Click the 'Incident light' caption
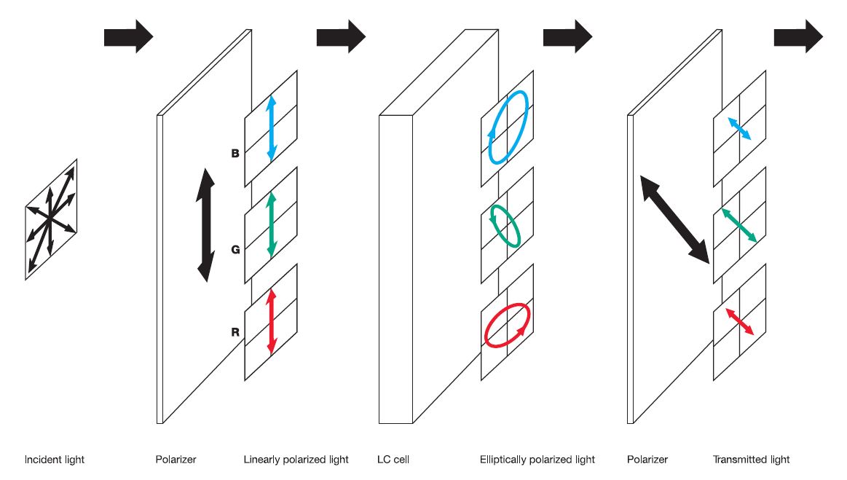click(x=55, y=460)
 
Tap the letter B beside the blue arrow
click(x=235, y=154)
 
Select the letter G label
click(x=235, y=249)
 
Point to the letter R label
click(x=235, y=332)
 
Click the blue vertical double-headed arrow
click(x=271, y=127)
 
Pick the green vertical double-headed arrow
click(x=271, y=224)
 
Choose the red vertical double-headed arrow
click(x=271, y=321)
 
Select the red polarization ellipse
click(x=507, y=325)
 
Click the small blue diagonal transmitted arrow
click(x=738, y=128)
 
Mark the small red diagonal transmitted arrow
click(x=738, y=321)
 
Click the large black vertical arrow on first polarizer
click(x=206, y=225)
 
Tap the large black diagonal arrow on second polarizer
click(x=674, y=218)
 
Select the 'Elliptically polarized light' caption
click(x=537, y=460)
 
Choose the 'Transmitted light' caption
click(x=751, y=460)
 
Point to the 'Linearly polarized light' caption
click(x=296, y=460)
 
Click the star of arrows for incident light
click(x=51, y=218)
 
